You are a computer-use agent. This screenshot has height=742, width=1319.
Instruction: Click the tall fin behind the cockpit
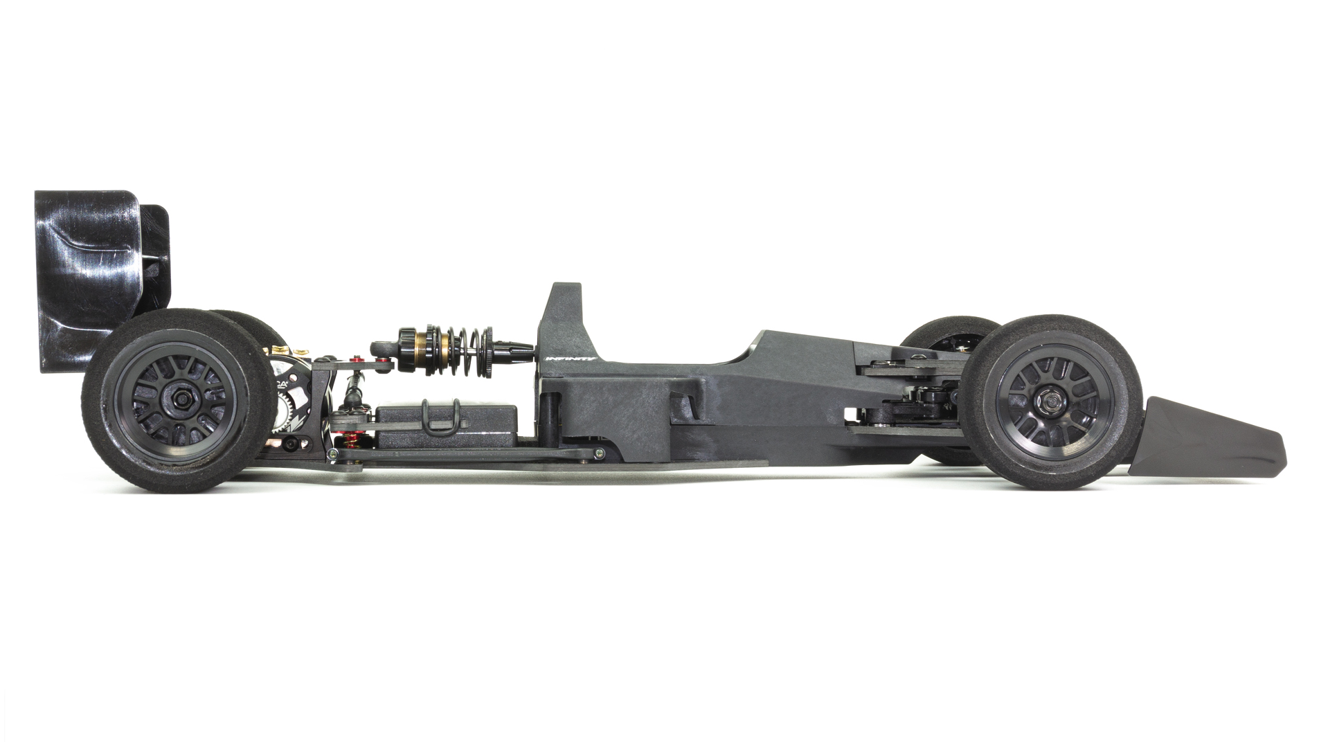tap(564, 318)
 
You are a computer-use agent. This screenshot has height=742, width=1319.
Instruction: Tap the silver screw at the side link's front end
tap(598, 454)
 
